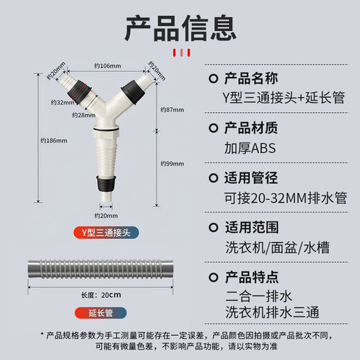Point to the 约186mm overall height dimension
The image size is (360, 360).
coord(55,141)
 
